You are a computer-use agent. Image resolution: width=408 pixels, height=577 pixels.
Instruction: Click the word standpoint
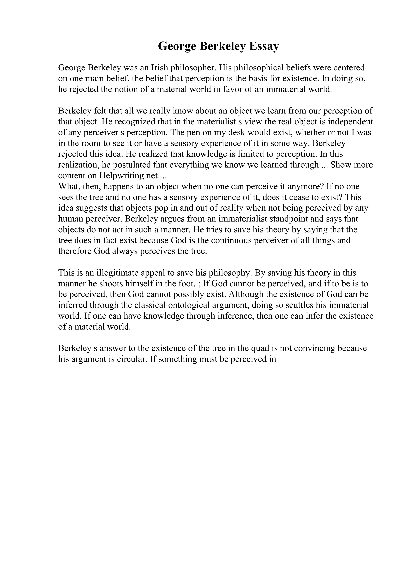point(288,219)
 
